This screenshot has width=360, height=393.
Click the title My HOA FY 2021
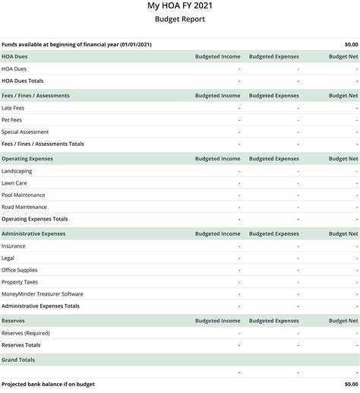[x=179, y=6]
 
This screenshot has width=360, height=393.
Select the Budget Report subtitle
[x=179, y=19]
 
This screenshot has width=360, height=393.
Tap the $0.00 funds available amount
[x=350, y=45]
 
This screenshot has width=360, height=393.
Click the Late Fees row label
[x=14, y=108]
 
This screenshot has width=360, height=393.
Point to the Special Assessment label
[x=25, y=132]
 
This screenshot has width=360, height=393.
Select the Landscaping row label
[x=17, y=171]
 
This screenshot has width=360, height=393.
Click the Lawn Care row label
[x=14, y=183]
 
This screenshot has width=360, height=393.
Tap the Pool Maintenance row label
[x=24, y=195]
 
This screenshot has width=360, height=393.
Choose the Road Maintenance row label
[x=24, y=207]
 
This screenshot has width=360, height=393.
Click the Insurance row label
[x=14, y=246]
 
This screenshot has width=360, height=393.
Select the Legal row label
[x=8, y=258]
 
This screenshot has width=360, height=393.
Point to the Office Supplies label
[x=20, y=270]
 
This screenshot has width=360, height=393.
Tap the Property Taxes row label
[x=20, y=282]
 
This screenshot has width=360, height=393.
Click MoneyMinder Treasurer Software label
[x=43, y=294]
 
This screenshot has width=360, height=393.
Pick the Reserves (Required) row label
[x=26, y=333]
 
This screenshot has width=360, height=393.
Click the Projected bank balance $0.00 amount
[x=350, y=384]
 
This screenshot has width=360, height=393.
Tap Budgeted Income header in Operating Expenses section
[x=217, y=159]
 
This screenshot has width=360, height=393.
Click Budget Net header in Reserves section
[x=343, y=321]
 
